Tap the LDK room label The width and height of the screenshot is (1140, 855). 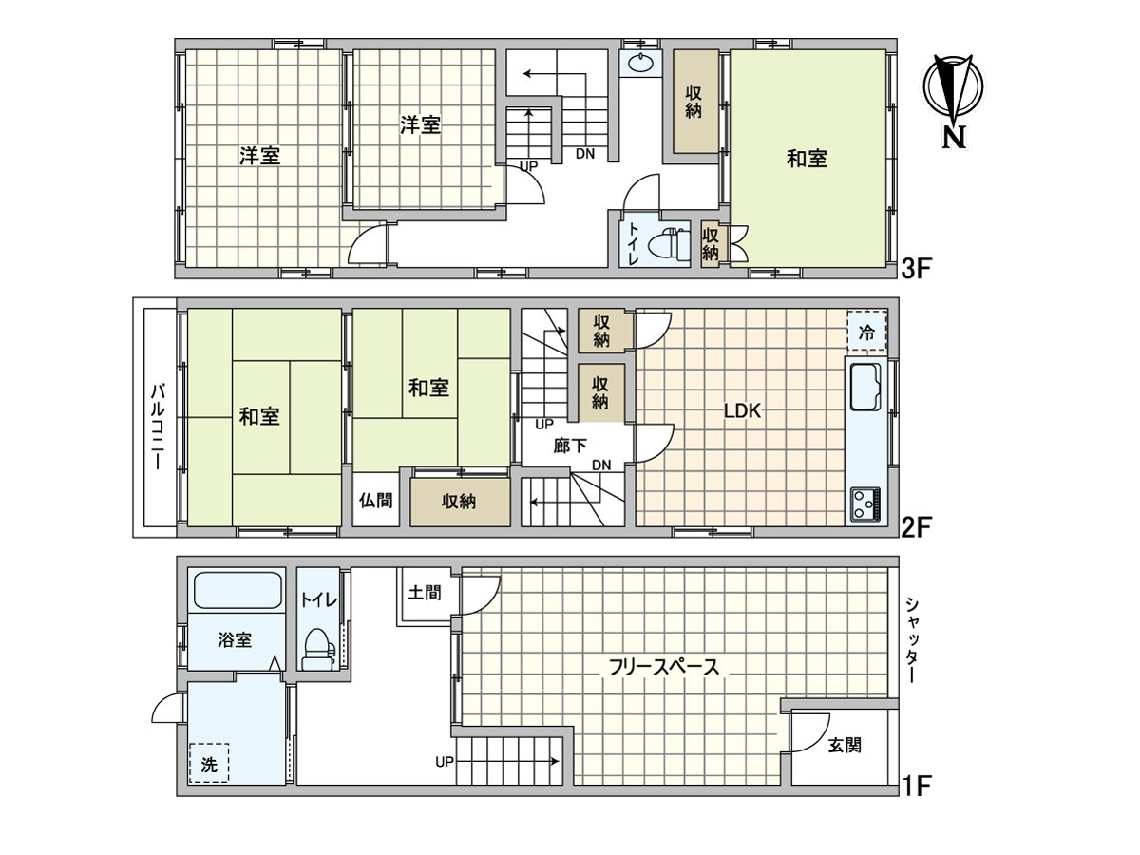click(x=742, y=411)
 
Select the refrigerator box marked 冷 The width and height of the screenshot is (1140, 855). click(x=866, y=331)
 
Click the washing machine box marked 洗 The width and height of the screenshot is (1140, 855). click(x=209, y=763)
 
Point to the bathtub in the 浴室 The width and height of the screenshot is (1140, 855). click(x=237, y=590)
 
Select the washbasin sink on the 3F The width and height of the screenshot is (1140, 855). click(x=640, y=64)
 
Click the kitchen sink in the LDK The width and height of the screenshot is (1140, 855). click(x=865, y=387)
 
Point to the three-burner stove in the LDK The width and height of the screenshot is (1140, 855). click(x=865, y=503)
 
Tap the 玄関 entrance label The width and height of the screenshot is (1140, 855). click(x=845, y=746)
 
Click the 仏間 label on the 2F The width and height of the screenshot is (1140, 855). click(x=376, y=501)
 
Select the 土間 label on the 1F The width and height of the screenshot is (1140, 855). click(x=425, y=593)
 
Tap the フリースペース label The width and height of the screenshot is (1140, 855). click(x=663, y=667)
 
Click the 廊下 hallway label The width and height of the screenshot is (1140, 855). click(x=570, y=446)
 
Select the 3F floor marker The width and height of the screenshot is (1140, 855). click(x=915, y=270)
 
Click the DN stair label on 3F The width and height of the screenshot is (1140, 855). click(x=585, y=154)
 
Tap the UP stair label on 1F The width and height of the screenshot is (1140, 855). click(x=445, y=762)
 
